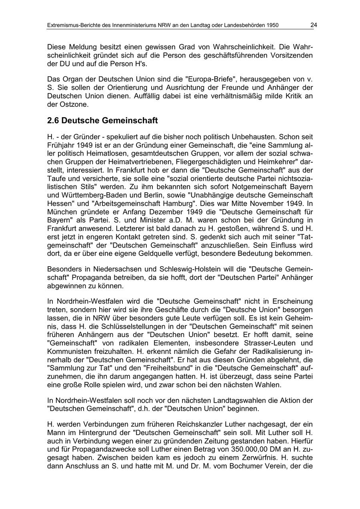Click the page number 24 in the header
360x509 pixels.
(314, 25)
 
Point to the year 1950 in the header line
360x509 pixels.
(272, 26)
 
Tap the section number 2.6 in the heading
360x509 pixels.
(53, 120)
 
